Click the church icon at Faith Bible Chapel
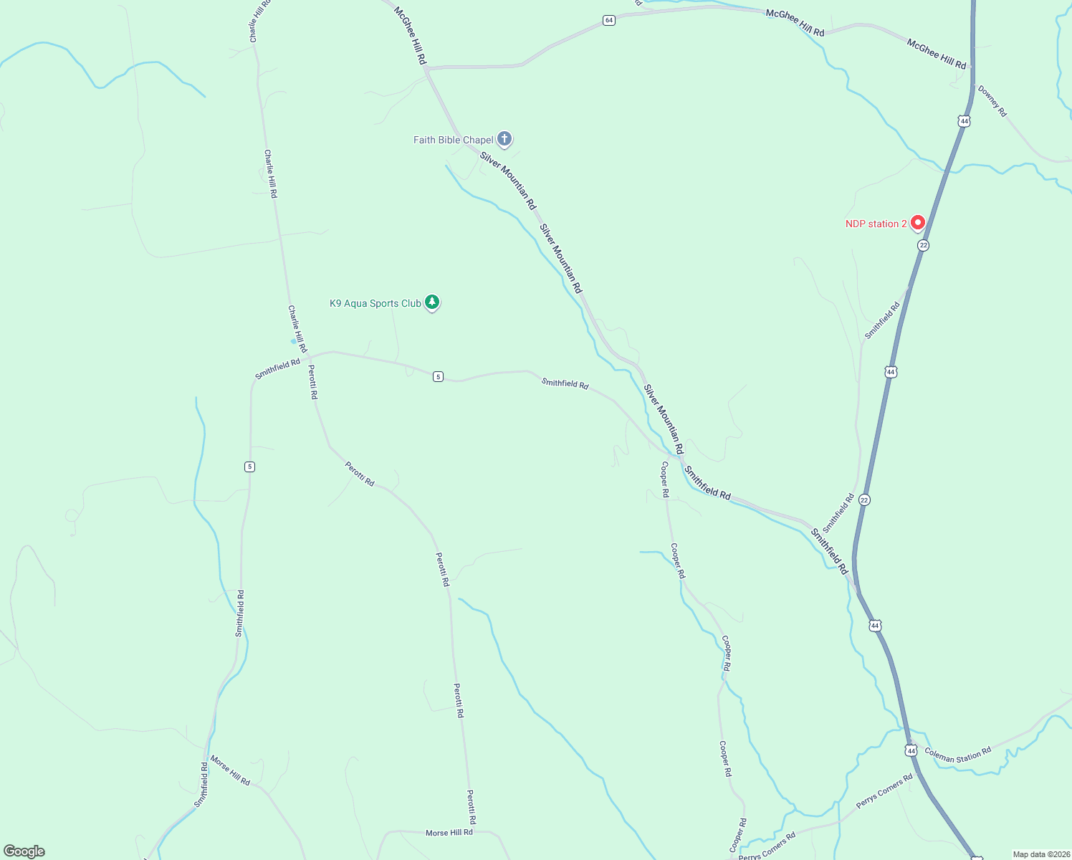pos(504,138)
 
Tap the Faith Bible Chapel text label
pos(453,140)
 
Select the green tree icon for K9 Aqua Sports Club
pos(431,302)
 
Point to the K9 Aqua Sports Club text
pos(375,303)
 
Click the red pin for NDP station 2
pos(917,223)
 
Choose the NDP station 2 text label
pos(876,224)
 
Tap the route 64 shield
pos(608,20)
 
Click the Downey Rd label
pos(992,101)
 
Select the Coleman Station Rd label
pos(957,755)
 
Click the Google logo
pos(24,851)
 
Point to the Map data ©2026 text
pos(1041,854)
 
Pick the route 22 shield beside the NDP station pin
pos(923,245)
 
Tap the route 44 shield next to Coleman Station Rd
pos(911,750)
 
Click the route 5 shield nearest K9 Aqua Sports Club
pos(438,376)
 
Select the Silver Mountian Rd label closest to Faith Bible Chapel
pos(507,180)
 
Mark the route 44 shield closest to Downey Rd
pos(965,121)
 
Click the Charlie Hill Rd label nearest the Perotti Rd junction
pos(297,329)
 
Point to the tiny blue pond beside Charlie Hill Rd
pos(293,342)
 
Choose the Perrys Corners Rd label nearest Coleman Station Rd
pos(884,790)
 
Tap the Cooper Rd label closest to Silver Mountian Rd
pos(665,479)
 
